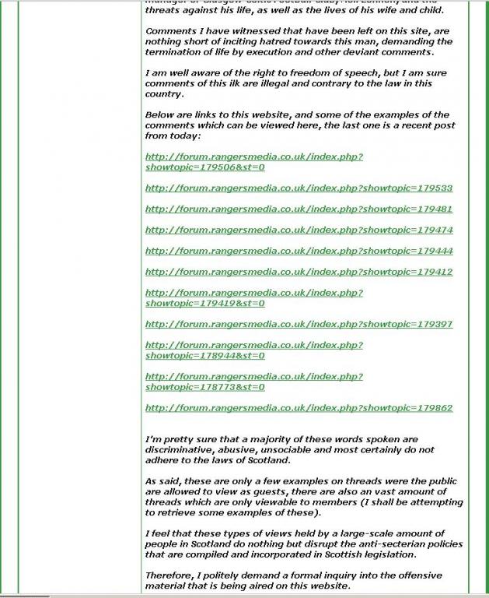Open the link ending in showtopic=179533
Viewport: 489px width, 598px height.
pos(299,188)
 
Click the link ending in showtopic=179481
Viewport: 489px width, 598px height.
pos(299,209)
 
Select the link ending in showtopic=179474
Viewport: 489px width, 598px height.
pos(299,230)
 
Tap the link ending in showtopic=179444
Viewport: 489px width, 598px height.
pos(299,252)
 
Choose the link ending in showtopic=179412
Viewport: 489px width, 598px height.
pos(299,273)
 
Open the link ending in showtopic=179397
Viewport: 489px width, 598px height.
pos(299,325)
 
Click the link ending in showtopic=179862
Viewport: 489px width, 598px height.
pos(299,408)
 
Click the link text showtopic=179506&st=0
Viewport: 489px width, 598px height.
pos(205,167)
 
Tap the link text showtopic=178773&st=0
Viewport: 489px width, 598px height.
pos(205,387)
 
